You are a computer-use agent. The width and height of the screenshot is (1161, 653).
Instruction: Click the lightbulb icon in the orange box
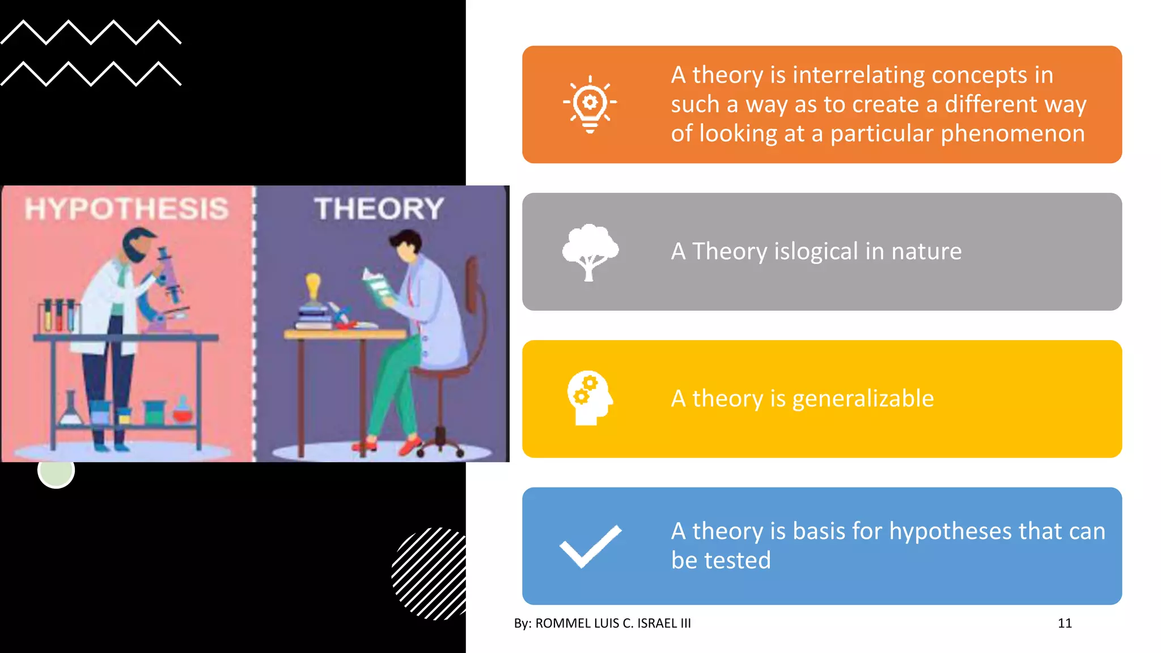(590, 104)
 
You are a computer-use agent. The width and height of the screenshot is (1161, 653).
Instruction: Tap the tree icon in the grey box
(590, 252)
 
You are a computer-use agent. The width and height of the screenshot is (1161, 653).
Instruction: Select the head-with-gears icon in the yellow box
(590, 398)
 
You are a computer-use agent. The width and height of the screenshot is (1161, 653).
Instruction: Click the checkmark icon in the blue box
(590, 546)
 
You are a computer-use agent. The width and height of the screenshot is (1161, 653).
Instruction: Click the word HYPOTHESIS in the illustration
(126, 209)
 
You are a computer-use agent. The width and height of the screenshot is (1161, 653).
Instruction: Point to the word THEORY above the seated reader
(379, 209)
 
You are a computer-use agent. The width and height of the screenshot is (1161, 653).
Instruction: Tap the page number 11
(1064, 623)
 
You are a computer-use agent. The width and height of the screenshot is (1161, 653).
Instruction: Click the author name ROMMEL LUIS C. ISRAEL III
(613, 623)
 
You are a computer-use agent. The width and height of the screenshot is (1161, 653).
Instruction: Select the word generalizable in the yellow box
(862, 398)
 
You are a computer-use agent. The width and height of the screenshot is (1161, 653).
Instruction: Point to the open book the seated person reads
(378, 286)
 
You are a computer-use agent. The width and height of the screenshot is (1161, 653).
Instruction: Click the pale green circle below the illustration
(56, 470)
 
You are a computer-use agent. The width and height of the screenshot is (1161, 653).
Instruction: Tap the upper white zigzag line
(91, 32)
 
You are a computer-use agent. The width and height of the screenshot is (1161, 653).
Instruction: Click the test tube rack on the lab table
(58, 315)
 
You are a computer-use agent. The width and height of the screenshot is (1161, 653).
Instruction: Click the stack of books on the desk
(313, 317)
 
